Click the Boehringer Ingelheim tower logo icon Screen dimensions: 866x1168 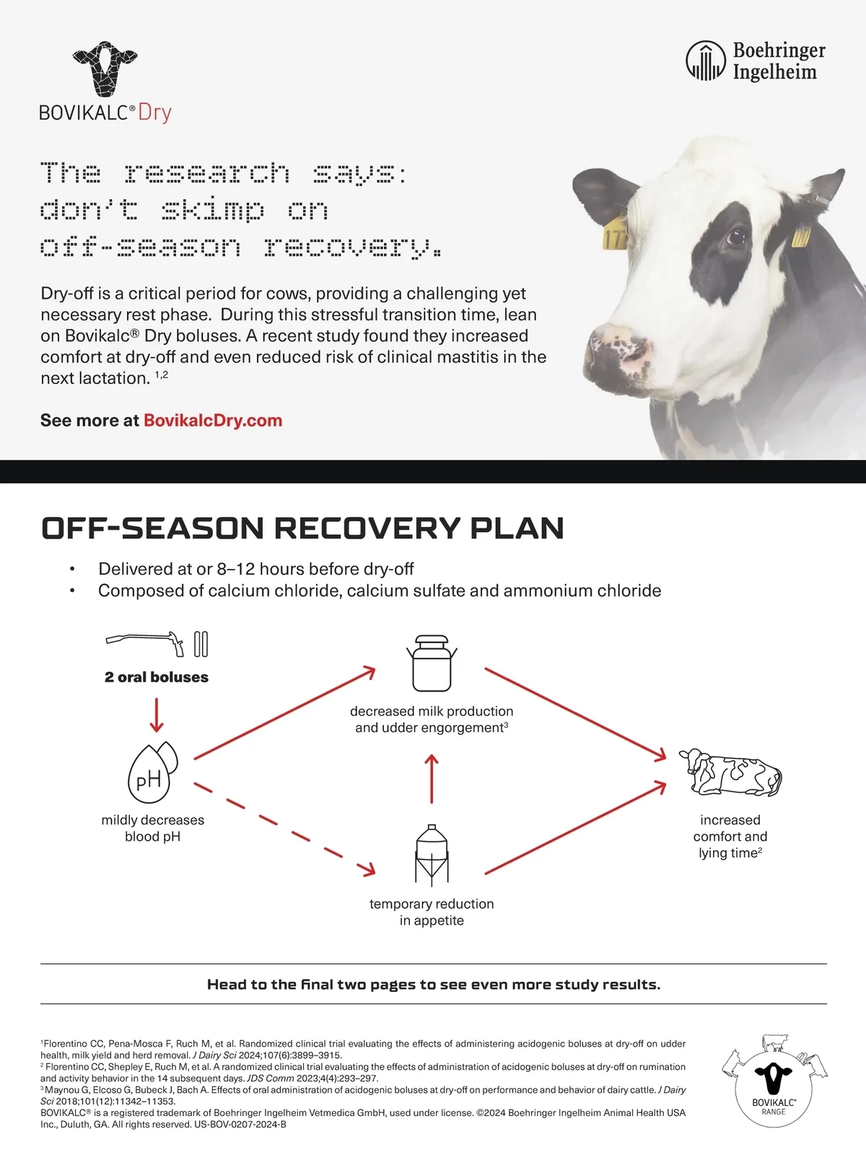706,61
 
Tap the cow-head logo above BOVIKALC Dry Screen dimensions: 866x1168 105,69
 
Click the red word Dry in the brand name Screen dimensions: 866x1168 154,113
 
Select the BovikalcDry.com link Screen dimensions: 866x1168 213,420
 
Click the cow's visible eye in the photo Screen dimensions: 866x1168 735,237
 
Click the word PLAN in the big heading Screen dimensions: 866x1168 516,528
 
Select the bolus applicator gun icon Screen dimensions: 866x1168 145,643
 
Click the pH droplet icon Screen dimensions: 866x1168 152,773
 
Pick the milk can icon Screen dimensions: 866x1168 432,663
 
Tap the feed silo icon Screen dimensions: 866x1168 432,856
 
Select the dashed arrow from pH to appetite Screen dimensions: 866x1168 284,829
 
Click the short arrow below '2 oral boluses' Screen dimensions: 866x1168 157,715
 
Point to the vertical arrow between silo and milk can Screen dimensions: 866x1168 432,779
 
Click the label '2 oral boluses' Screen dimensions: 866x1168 157,677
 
